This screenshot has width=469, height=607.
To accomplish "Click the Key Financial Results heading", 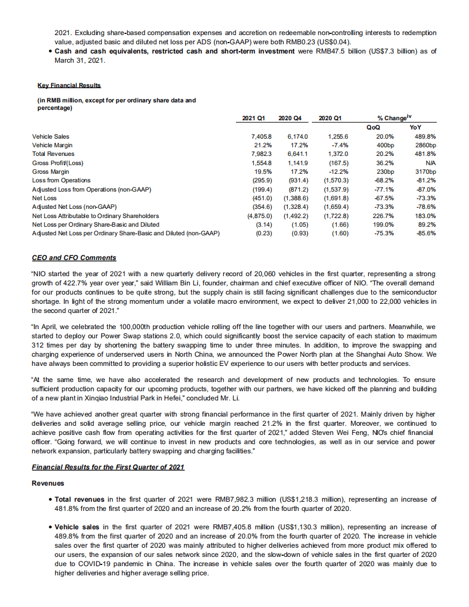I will (x=69, y=85).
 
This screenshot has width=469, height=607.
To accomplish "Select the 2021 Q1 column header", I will (x=253, y=118).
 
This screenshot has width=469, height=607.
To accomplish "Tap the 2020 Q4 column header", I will (x=289, y=118).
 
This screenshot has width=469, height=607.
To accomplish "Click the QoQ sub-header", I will (x=373, y=127).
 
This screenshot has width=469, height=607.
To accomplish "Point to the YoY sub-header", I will (x=414, y=127).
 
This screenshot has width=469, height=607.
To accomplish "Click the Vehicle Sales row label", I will (x=51, y=136).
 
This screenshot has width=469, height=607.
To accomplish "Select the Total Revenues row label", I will (x=54, y=154).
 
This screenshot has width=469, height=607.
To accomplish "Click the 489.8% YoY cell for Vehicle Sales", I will (x=425, y=136).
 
